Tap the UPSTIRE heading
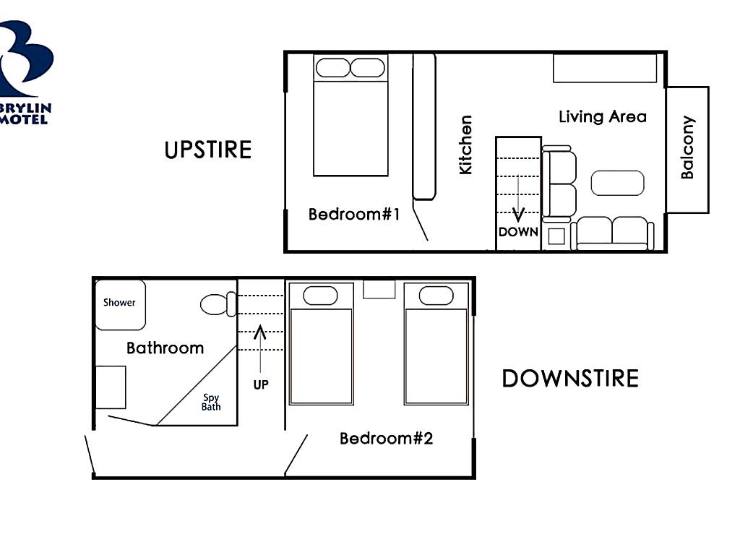click(208, 150)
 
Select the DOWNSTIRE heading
click(570, 379)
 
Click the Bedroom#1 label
click(354, 214)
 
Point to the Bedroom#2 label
click(386, 439)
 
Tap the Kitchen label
click(465, 145)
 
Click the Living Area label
click(602, 116)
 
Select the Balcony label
click(688, 147)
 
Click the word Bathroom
click(165, 348)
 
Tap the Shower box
click(121, 305)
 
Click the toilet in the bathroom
click(218, 304)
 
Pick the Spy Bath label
click(211, 402)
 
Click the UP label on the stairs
click(260, 384)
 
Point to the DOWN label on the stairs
click(518, 232)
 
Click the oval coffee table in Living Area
click(617, 183)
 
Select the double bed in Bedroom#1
click(350, 115)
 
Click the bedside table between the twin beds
click(379, 289)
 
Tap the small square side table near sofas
click(556, 236)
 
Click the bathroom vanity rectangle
click(111, 387)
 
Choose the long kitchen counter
click(423, 127)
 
